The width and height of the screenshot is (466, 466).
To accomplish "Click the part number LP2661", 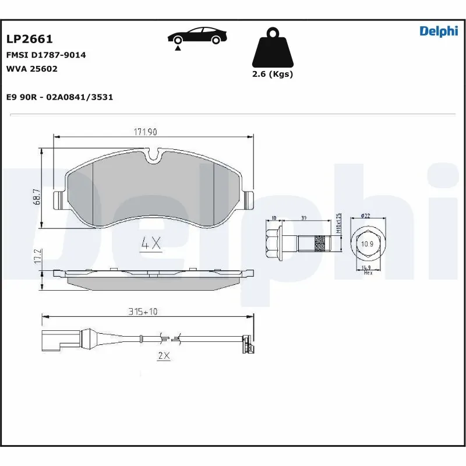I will (x=30, y=39).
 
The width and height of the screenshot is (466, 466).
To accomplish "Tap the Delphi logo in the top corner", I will (x=439, y=31).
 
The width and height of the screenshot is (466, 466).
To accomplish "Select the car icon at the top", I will (x=196, y=37).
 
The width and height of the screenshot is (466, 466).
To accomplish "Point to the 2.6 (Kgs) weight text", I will (x=272, y=74).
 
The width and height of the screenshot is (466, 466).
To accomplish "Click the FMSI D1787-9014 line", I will (x=46, y=55).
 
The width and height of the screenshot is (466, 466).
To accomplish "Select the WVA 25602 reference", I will (x=32, y=68).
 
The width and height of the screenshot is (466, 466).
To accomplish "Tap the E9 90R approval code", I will (x=59, y=97).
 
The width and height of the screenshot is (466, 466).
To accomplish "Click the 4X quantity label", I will (x=151, y=244).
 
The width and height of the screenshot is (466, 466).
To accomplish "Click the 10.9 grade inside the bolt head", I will (x=367, y=243).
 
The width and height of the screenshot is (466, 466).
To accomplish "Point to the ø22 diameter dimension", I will (x=366, y=216).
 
